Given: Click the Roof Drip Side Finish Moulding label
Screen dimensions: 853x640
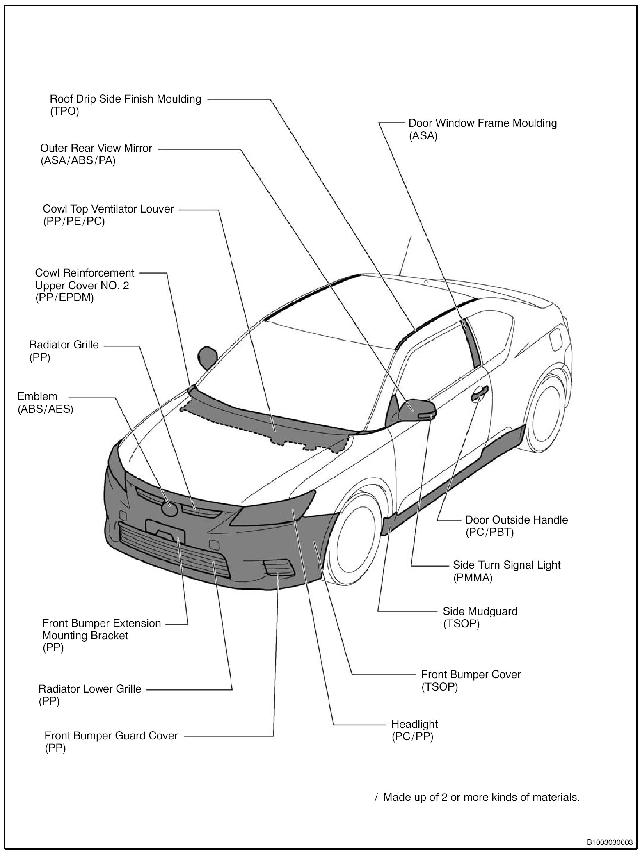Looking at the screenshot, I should [x=125, y=99].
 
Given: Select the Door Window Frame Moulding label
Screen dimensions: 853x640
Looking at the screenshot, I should [x=482, y=123].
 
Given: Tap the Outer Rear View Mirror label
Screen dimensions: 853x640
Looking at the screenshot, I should [x=96, y=149].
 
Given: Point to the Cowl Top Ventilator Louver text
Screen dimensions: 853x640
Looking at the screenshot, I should [x=108, y=209].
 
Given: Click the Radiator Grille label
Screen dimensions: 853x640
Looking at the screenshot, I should [x=64, y=345].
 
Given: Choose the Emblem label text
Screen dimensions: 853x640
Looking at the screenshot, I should [x=37, y=397].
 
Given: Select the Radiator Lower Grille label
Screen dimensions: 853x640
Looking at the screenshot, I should [x=90, y=689].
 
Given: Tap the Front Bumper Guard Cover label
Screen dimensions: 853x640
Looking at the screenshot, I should [x=111, y=736].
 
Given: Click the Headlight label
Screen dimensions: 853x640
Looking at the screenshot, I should [x=414, y=724].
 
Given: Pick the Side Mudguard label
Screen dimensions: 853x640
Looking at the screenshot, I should [x=480, y=611].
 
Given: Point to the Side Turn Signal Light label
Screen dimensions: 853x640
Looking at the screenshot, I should [x=506, y=565].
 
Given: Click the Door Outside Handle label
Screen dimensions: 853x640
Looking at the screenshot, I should [x=516, y=520].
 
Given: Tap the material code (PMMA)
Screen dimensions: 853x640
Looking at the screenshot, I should [x=472, y=578].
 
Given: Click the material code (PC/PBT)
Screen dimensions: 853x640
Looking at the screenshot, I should [x=489, y=533].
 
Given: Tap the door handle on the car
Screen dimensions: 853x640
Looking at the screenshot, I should [x=479, y=394].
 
